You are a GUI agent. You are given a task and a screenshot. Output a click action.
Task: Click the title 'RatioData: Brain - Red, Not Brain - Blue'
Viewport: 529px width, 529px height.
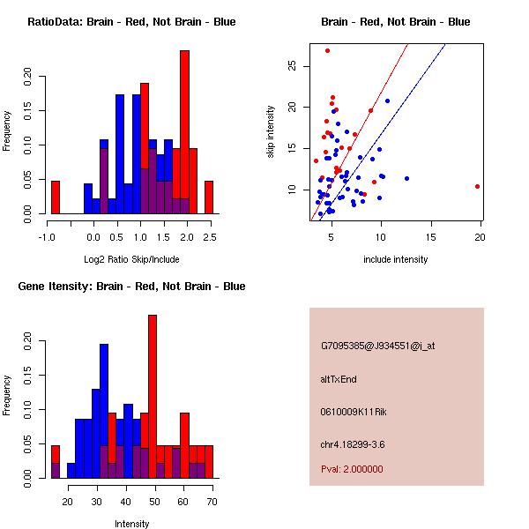131,21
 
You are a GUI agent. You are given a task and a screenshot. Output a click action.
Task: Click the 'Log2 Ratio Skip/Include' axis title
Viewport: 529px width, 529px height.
131,258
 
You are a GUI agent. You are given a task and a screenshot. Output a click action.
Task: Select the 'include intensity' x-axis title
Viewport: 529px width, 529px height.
396,259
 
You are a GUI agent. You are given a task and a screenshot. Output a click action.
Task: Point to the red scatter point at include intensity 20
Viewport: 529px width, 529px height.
477,186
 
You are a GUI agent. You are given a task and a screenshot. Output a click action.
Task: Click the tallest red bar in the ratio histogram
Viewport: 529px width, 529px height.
184,131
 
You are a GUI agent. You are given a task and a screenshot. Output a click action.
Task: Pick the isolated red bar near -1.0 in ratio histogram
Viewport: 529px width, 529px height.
56,197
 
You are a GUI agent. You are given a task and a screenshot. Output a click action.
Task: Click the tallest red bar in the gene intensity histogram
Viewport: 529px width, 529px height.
153,396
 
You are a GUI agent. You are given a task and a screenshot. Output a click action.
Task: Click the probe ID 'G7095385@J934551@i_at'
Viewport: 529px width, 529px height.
377,346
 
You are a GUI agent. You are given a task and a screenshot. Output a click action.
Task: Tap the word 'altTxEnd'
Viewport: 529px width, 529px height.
339,379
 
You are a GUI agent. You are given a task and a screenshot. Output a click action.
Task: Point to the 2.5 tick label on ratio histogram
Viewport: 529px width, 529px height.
209,237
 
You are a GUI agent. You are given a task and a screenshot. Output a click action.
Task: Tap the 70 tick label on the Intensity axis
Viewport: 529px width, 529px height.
210,502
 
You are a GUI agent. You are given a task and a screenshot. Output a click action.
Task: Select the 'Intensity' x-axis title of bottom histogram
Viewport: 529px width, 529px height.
131,524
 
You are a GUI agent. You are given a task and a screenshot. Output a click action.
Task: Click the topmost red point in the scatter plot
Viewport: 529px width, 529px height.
327,50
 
